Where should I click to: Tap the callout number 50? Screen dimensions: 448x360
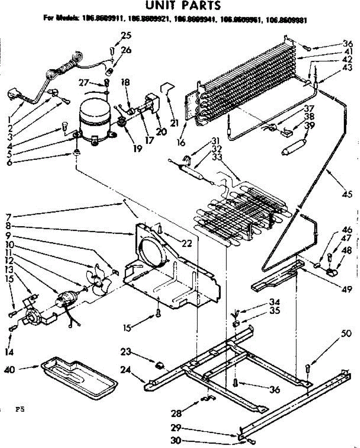(346, 333)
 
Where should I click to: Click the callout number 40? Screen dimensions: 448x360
(10, 370)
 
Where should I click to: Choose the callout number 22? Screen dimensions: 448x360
(187, 244)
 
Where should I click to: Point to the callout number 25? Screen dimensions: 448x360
(126, 36)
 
